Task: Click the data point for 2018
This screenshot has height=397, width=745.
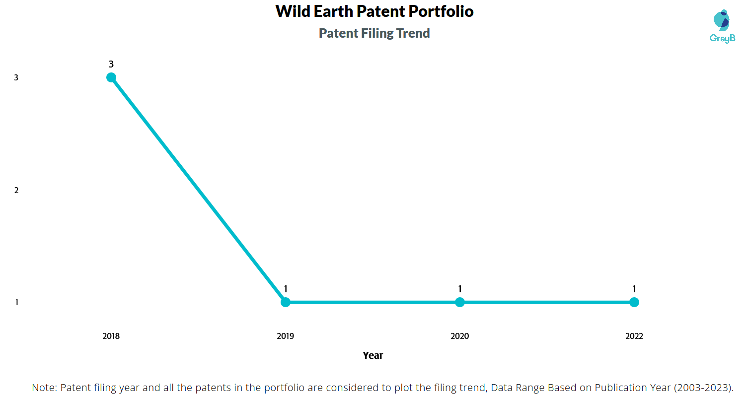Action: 111,77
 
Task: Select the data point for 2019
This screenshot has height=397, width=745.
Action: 286,302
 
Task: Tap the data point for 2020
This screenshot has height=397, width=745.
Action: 459,302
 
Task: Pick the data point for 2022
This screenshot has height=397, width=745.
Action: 634,302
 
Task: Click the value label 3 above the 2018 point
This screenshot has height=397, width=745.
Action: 111,64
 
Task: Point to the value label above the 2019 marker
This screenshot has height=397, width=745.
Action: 286,289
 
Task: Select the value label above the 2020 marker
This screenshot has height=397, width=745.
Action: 459,289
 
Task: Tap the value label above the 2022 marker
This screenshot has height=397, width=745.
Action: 634,289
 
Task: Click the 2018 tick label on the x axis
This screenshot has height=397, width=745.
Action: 111,336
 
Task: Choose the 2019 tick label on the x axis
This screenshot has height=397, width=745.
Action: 286,336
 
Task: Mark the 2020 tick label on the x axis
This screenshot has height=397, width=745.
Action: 459,336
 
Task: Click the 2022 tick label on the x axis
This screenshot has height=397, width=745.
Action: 634,336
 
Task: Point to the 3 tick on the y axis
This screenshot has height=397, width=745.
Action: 16,78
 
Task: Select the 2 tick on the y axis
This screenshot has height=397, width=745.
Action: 16,191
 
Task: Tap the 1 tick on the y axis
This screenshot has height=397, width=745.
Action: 16,303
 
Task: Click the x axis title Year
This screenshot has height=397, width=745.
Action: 373,355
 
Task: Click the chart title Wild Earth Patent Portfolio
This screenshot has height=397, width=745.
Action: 374,11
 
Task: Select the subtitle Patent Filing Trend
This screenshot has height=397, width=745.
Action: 374,33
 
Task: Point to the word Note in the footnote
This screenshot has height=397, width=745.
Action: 44,388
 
